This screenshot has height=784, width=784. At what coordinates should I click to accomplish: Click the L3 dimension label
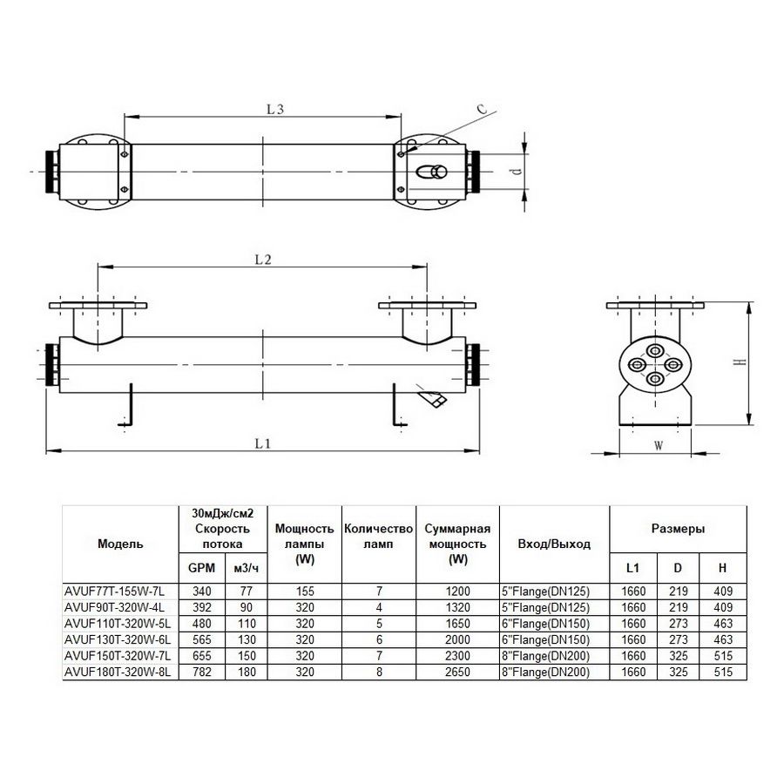tap(275, 109)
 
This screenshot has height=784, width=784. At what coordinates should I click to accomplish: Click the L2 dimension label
tap(263, 260)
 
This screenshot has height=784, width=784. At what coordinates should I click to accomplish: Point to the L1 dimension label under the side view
tap(262, 443)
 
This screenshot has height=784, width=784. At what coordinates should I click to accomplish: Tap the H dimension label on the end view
tap(741, 362)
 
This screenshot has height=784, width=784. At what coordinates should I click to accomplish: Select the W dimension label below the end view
tap(659, 445)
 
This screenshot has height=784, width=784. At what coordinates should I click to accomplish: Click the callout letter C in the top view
tap(482, 109)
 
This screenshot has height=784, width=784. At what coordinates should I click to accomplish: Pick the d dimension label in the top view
tap(517, 171)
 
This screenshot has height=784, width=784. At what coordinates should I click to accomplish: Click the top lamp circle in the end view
tap(655, 350)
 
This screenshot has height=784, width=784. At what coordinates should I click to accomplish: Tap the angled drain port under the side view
tap(432, 397)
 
